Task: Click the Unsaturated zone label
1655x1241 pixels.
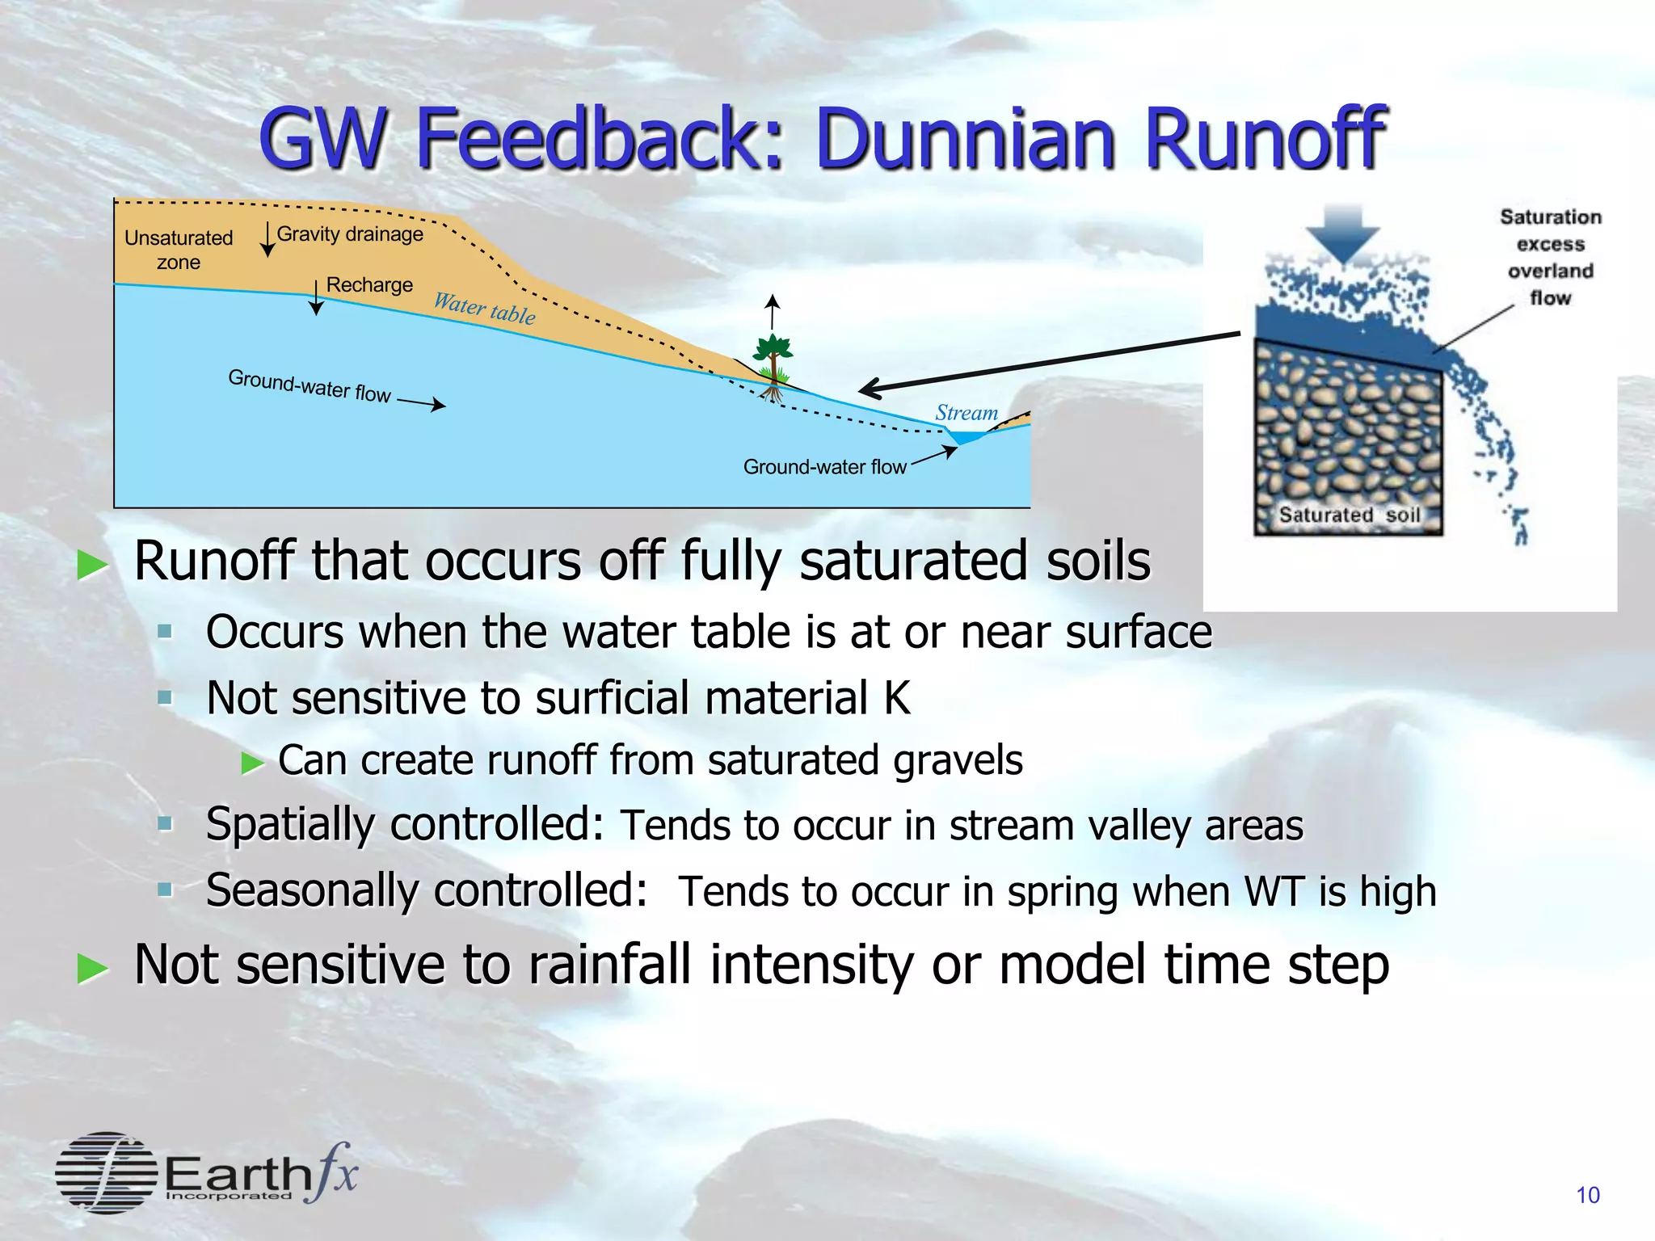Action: (x=179, y=250)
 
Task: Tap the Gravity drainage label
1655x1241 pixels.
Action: (x=350, y=234)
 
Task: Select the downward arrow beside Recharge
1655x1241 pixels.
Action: (x=316, y=297)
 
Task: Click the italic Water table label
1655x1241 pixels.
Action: (x=484, y=308)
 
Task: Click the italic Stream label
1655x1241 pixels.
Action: (x=966, y=413)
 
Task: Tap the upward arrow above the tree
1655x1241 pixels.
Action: (x=773, y=311)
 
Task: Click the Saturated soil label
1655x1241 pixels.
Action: (x=1349, y=515)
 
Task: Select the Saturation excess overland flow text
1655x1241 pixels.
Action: (x=1550, y=257)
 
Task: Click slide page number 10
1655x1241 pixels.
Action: (x=1587, y=1195)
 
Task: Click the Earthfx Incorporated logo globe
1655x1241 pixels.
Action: (x=106, y=1172)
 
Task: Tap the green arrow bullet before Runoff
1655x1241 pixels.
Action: (x=93, y=565)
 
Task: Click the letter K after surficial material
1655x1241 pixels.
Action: (x=896, y=698)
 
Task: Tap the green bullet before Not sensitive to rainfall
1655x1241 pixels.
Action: (x=93, y=968)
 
